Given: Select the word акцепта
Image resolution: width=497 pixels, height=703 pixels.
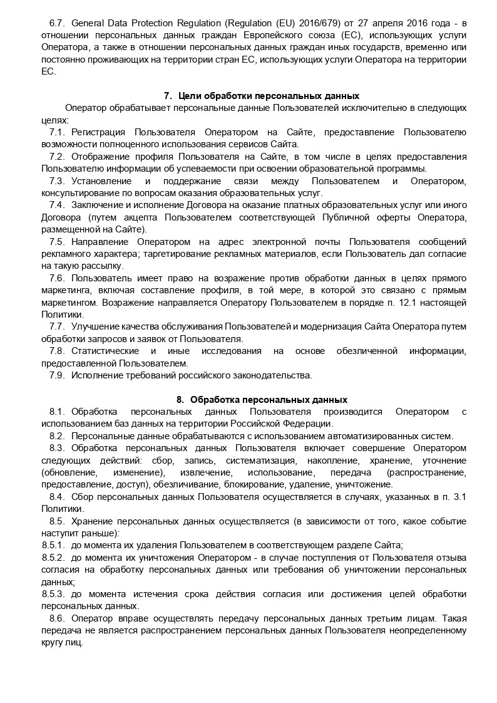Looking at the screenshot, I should pos(146,217).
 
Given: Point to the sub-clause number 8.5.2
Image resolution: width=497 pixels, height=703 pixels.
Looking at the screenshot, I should pos(53,557).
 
